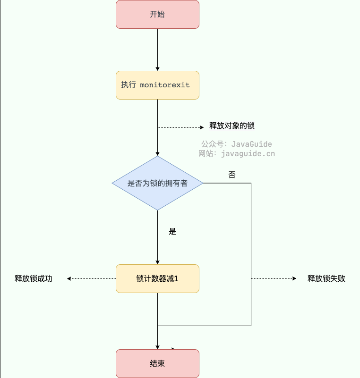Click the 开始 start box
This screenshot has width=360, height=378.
(x=157, y=14)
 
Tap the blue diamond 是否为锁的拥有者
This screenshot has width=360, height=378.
(x=157, y=183)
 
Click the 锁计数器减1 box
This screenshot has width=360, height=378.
(x=157, y=278)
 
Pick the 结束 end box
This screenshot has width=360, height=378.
(x=157, y=363)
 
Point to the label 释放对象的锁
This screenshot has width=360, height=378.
(x=232, y=126)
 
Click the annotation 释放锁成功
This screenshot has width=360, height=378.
(x=34, y=278)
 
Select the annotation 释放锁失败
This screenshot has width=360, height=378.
(x=326, y=278)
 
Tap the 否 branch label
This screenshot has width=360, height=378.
(x=232, y=175)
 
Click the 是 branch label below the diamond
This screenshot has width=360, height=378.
(x=172, y=231)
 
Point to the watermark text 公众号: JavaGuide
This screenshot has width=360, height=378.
(x=236, y=144)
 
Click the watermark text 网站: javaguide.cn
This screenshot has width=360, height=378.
(x=236, y=153)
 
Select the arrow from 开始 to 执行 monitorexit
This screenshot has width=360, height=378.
(x=157, y=50)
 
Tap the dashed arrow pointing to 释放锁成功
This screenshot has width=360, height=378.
(x=92, y=278)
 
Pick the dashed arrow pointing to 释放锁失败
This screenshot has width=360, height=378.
(x=274, y=278)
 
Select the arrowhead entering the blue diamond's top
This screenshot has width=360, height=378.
(x=157, y=153)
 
